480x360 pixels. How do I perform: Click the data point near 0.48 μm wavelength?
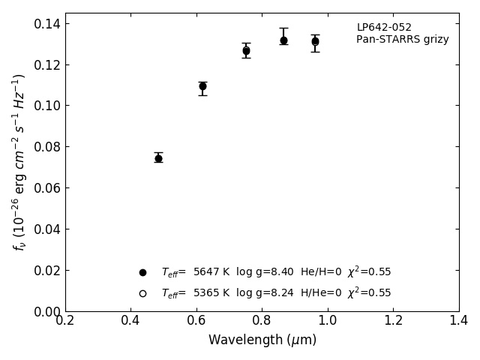tap(158, 158)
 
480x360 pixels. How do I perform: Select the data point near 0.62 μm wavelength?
tap(202, 86)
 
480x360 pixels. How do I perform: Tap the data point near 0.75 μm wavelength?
tap(246, 51)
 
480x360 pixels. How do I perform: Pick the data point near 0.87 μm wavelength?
tap(283, 40)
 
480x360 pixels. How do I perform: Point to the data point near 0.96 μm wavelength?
tap(315, 42)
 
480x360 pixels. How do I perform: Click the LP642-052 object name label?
tap(384, 28)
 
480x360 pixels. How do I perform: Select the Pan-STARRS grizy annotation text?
tap(402, 40)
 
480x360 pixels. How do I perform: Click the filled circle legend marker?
tap(142, 272)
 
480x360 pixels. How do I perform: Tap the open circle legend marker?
tap(142, 293)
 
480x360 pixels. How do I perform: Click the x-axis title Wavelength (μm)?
tap(262, 340)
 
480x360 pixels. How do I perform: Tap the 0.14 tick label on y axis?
tap(46, 23)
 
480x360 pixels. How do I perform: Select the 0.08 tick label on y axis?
tap(46, 147)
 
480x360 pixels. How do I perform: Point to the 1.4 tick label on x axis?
tap(459, 321)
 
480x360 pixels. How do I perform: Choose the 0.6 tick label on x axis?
tap(196, 321)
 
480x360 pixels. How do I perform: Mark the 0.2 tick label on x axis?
tap(65, 321)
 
